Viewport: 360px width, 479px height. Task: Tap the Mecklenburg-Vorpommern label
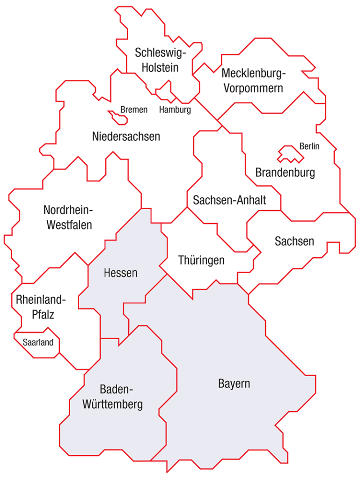pos(253,80)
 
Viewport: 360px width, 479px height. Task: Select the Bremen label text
pos(134,110)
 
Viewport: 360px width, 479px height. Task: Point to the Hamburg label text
pos(175,110)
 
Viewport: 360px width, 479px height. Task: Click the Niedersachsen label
pos(126,137)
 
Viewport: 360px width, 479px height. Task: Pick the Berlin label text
pos(309,146)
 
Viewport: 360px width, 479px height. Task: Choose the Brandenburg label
pos(285,173)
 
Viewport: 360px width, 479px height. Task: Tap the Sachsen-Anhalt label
pos(229,200)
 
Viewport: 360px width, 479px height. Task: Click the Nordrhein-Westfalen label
pos(69,217)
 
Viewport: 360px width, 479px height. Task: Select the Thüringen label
pos(201,260)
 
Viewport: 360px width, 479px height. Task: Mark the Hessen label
pos(120,273)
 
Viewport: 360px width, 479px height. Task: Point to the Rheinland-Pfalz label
pos(41,307)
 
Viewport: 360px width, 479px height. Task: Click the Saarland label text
pos(38,342)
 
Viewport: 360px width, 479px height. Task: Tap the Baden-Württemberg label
pos(113,397)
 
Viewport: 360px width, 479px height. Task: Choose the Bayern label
pos(234,384)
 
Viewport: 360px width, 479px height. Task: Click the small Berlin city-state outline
pos(290,154)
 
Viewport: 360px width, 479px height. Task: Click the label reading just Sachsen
pos(294,241)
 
